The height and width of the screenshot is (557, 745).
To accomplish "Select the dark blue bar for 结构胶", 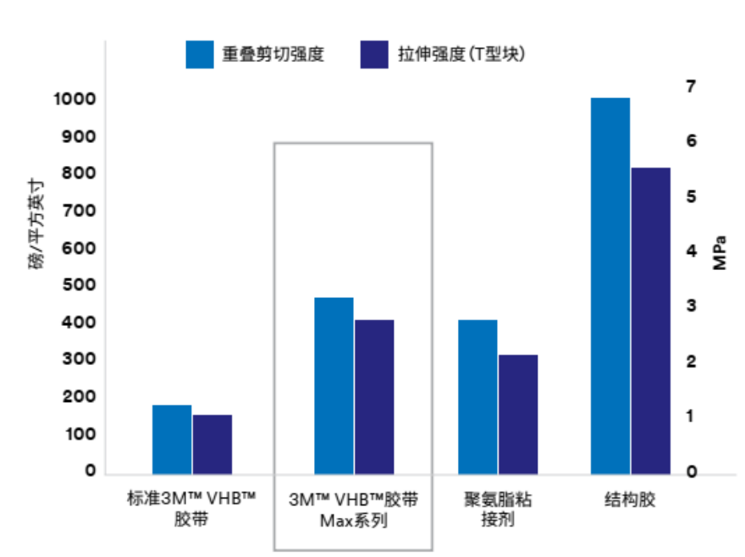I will tap(650, 320).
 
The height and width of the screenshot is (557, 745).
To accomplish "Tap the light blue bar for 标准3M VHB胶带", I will tap(172, 438).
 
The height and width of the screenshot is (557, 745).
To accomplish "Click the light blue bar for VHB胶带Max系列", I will tap(334, 384).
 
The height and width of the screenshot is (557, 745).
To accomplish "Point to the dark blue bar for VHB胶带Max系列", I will tap(374, 395).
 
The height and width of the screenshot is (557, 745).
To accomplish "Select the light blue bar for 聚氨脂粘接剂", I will tap(477, 395).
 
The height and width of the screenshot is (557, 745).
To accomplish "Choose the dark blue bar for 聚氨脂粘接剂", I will tap(517, 413).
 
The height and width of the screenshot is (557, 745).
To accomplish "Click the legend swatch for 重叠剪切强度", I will tap(200, 53).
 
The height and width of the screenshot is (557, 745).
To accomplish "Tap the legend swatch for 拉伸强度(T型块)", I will tap(373, 53).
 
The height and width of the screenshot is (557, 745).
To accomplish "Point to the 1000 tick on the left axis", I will tap(74, 100).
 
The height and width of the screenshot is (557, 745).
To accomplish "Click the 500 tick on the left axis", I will tap(78, 285).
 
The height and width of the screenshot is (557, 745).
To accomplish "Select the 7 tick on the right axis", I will tap(690, 86).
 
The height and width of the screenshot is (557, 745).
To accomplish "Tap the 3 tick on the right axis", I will tap(690, 306).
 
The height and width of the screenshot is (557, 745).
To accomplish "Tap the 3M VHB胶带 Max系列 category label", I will tap(353, 509).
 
